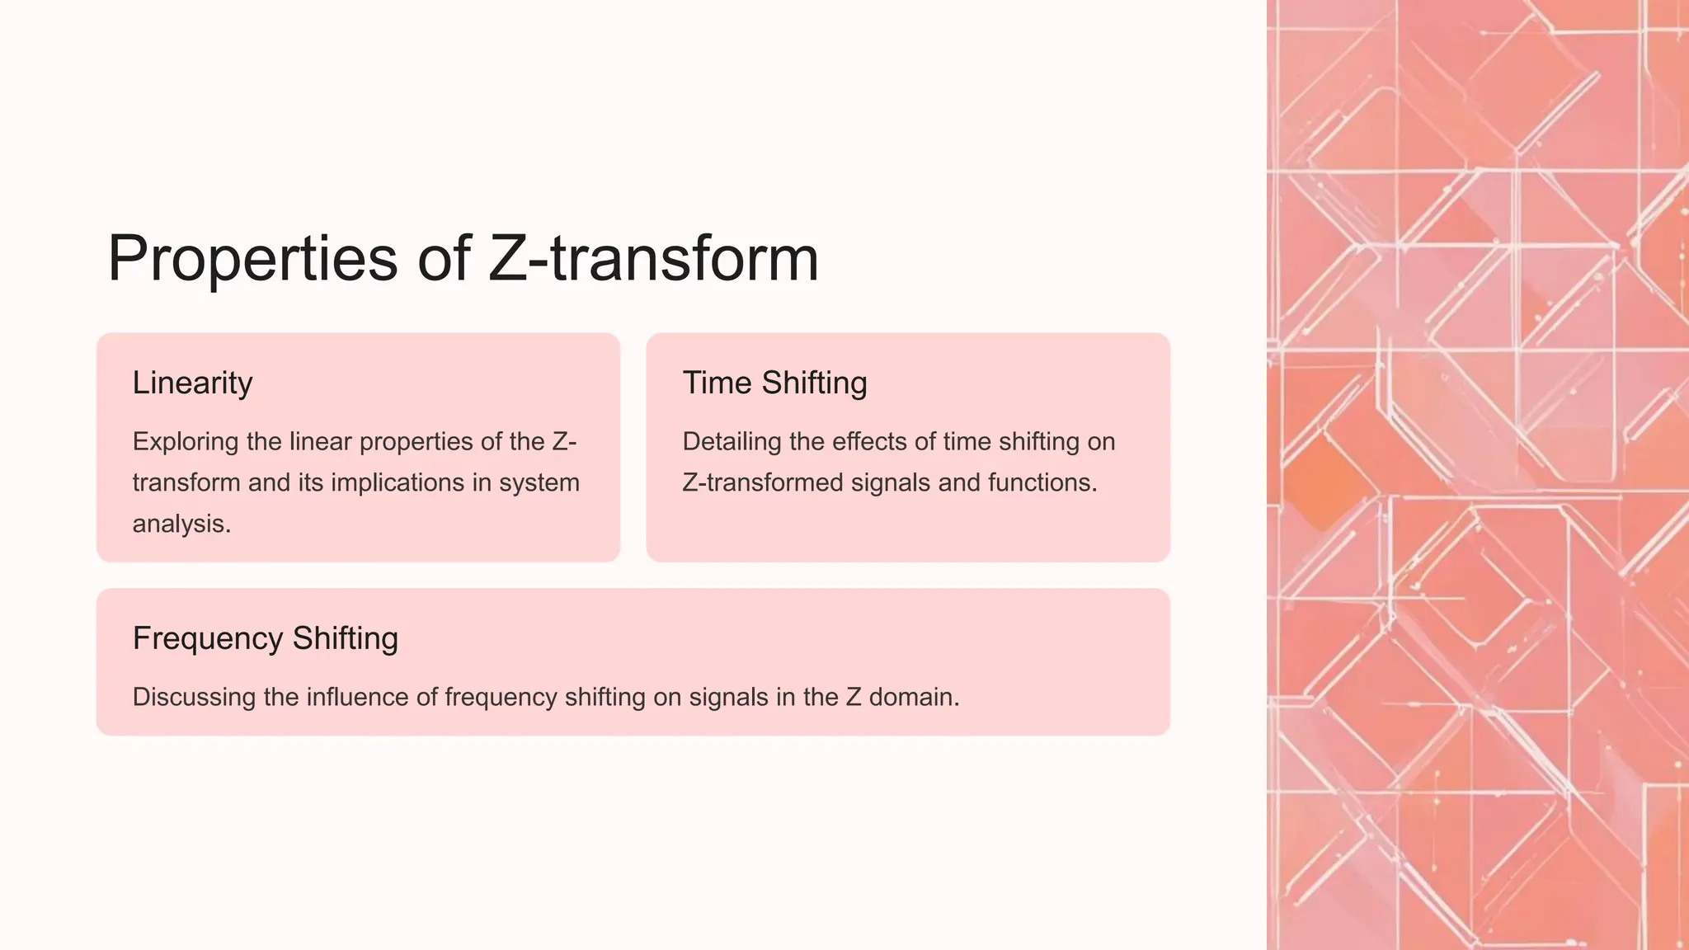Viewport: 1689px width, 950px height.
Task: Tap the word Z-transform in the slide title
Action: point(653,258)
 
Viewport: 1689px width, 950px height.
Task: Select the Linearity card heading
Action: point(192,383)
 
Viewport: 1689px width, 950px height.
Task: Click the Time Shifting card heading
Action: point(774,383)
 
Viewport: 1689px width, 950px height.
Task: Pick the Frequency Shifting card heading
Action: point(265,639)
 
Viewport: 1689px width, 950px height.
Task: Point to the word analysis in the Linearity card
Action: point(181,524)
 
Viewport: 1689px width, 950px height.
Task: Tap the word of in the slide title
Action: point(444,258)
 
